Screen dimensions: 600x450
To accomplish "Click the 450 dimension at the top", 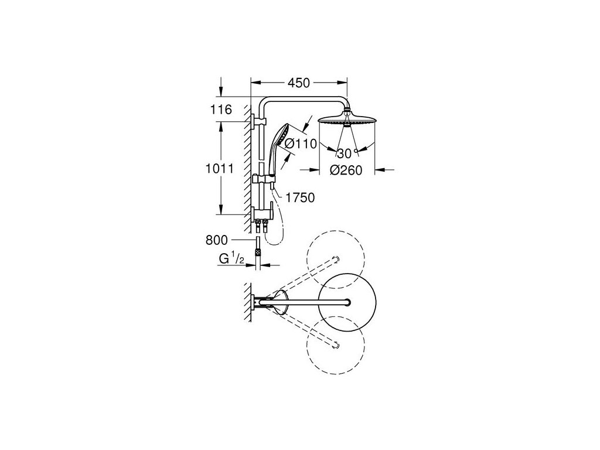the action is point(297,83).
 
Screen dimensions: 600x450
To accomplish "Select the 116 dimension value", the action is point(221,110).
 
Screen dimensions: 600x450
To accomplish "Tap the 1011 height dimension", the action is point(221,169).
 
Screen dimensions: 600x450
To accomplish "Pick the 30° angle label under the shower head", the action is point(346,154).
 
